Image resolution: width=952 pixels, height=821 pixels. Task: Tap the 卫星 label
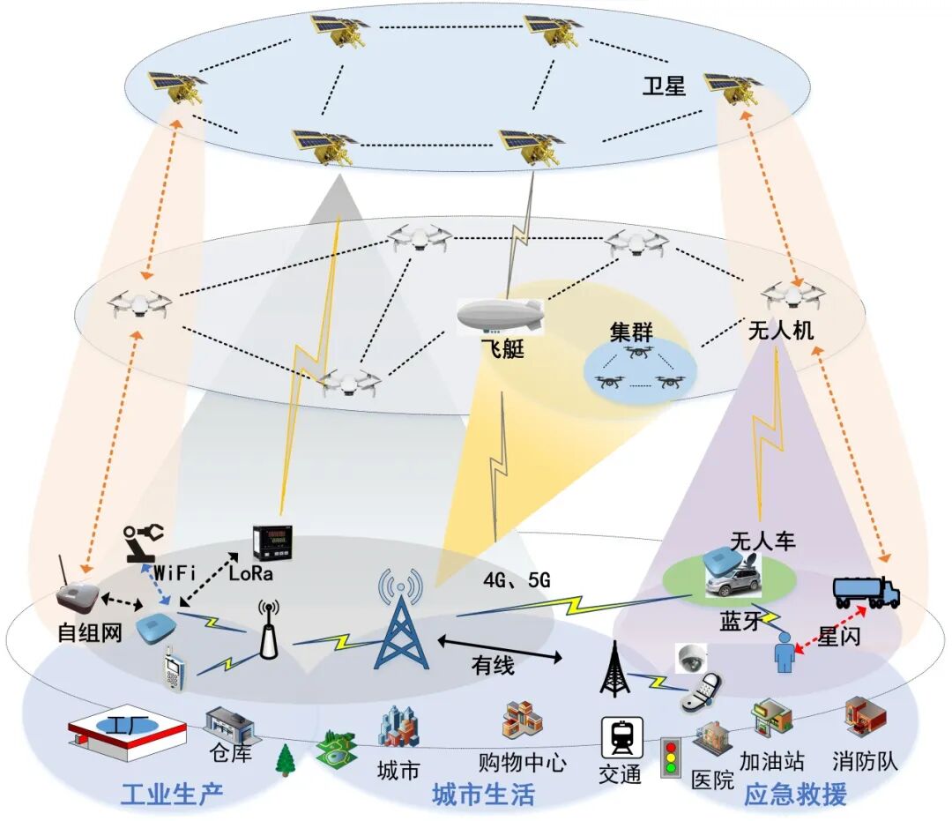pos(664,86)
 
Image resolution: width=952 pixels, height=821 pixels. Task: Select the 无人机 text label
pos(780,332)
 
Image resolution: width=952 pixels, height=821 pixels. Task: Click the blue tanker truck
pos(866,593)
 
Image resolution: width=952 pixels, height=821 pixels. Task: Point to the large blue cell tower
pos(401,621)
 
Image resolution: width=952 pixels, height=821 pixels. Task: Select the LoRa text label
pos(251,574)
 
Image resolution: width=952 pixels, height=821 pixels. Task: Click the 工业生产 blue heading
pos(172,794)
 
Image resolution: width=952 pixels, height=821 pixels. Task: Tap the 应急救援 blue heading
pos(795,794)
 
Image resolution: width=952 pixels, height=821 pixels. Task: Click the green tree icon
pos(285,759)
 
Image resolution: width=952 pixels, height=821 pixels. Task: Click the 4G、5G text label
pos(517,580)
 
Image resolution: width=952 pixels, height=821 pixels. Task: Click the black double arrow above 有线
pos(499,647)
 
